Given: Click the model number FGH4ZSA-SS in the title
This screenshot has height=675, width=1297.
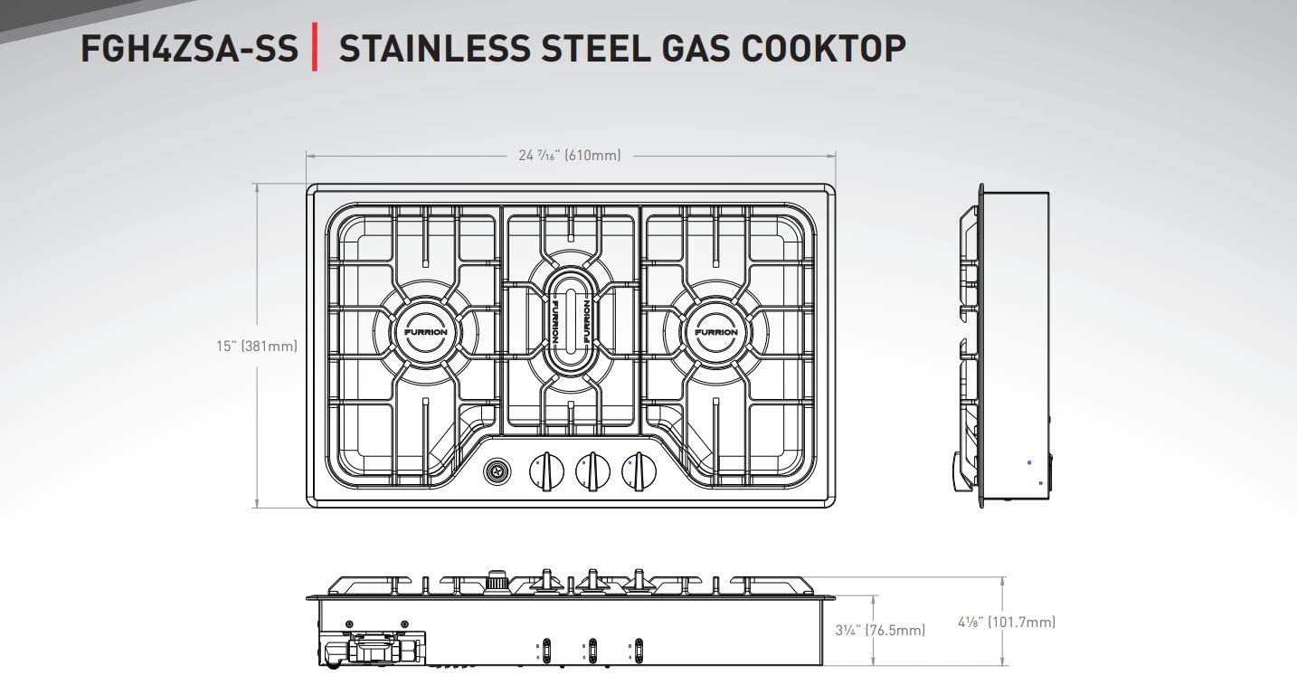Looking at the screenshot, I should pyautogui.click(x=189, y=48).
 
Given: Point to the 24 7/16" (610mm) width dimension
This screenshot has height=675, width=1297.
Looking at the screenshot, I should pyautogui.click(x=570, y=156).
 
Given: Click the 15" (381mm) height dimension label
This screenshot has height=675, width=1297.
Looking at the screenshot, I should pyautogui.click(x=257, y=346).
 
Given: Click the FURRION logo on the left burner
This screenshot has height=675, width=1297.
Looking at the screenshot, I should pyautogui.click(x=425, y=332).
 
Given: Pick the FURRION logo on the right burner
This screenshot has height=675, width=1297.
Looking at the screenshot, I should pyautogui.click(x=716, y=332).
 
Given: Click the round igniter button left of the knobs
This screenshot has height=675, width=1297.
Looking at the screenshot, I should pyautogui.click(x=497, y=471).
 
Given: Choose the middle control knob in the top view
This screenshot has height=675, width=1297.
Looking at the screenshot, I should pyautogui.click(x=592, y=471).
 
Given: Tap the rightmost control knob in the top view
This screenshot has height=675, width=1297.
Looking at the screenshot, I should pyautogui.click(x=639, y=471).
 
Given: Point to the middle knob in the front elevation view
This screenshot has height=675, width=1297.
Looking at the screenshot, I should pyautogui.click(x=592, y=580).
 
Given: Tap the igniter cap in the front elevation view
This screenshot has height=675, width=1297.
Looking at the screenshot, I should pyautogui.click(x=496, y=580).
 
